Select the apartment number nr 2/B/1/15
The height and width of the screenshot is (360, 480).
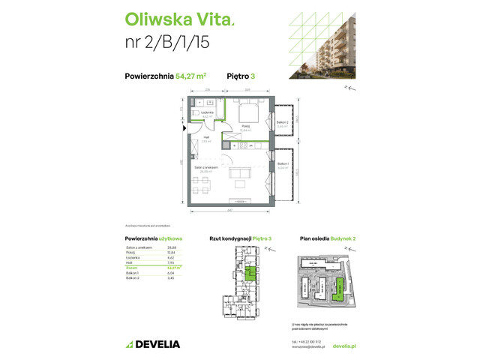pyautogui.click(x=167, y=43)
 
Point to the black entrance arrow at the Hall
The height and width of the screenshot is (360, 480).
pyautogui.click(x=185, y=128)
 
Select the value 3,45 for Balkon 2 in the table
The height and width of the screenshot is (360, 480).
pyautogui.click(x=169, y=277)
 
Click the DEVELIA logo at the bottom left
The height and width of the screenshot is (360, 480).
pyautogui.click(x=153, y=344)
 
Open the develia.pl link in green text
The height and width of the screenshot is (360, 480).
pyautogui.click(x=343, y=346)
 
